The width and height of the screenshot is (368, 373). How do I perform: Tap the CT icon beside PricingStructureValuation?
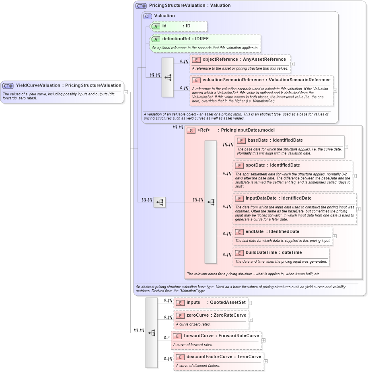coord(141,6)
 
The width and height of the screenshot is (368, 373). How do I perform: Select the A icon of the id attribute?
coord(156,26)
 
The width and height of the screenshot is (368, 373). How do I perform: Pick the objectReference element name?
coord(220,59)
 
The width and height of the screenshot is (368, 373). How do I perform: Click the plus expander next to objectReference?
coord(292,64)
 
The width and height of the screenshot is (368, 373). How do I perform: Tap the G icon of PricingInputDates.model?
coord(191,130)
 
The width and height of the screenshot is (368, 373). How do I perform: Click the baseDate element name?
coord(257,140)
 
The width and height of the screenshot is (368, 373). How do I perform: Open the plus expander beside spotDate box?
coord(355,176)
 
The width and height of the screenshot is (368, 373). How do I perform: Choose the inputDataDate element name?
coord(261,198)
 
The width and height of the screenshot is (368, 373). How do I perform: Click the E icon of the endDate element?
coord(239,231)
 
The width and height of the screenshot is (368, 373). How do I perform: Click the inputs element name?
coord(193,302)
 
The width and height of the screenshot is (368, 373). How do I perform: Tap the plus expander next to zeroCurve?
coord(251,320)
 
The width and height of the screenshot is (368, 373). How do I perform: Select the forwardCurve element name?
coord(199,336)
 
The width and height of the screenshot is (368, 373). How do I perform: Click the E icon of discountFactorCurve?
coord(180,357)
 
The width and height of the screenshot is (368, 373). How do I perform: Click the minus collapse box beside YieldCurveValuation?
coord(126,92)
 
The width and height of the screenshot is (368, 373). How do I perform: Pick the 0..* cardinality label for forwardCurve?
coord(166,338)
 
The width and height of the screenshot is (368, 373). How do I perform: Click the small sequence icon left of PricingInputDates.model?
coord(159,202)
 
